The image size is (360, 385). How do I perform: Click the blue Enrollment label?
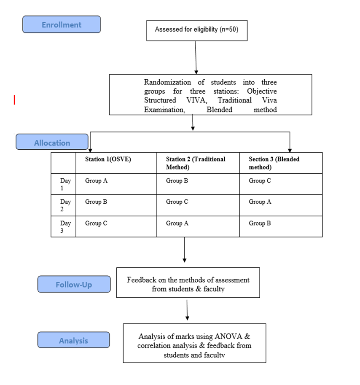coord(62,24)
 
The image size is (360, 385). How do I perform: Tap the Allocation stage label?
coord(52,142)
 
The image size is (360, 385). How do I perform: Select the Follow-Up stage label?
coord(74,284)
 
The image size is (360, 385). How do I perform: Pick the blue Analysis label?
coord(74,340)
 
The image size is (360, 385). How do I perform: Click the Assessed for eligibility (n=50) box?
coord(197,30)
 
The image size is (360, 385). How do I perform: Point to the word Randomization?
coord(167,82)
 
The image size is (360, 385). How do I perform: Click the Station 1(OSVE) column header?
coord(108,159)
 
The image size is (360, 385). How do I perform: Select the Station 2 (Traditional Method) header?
coord(196,163)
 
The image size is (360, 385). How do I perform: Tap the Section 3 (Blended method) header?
coord(274,163)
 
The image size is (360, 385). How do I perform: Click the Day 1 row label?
coord(65,184)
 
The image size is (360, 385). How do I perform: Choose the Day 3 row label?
coord(65,226)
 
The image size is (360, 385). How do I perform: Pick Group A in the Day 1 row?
coord(96,181)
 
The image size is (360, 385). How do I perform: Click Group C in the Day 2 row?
coord(177,202)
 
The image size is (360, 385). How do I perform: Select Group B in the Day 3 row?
coord(260,223)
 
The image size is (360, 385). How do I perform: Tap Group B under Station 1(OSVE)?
coord(96,202)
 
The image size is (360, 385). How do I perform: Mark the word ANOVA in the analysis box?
coord(228,336)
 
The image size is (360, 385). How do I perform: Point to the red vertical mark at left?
coord(14,100)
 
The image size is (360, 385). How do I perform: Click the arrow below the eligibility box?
coord(196,57)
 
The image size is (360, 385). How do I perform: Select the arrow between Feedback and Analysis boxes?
coord(187,310)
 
